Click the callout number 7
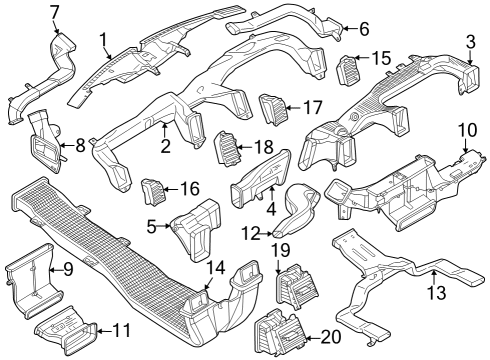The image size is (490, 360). [x=54, y=12]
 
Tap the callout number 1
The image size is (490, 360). [x=104, y=38]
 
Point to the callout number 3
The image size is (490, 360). [x=470, y=41]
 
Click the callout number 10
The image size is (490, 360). [x=467, y=131]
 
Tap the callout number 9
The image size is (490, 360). [x=68, y=269]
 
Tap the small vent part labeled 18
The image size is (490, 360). [x=229, y=149]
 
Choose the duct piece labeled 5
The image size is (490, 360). [x=196, y=228]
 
